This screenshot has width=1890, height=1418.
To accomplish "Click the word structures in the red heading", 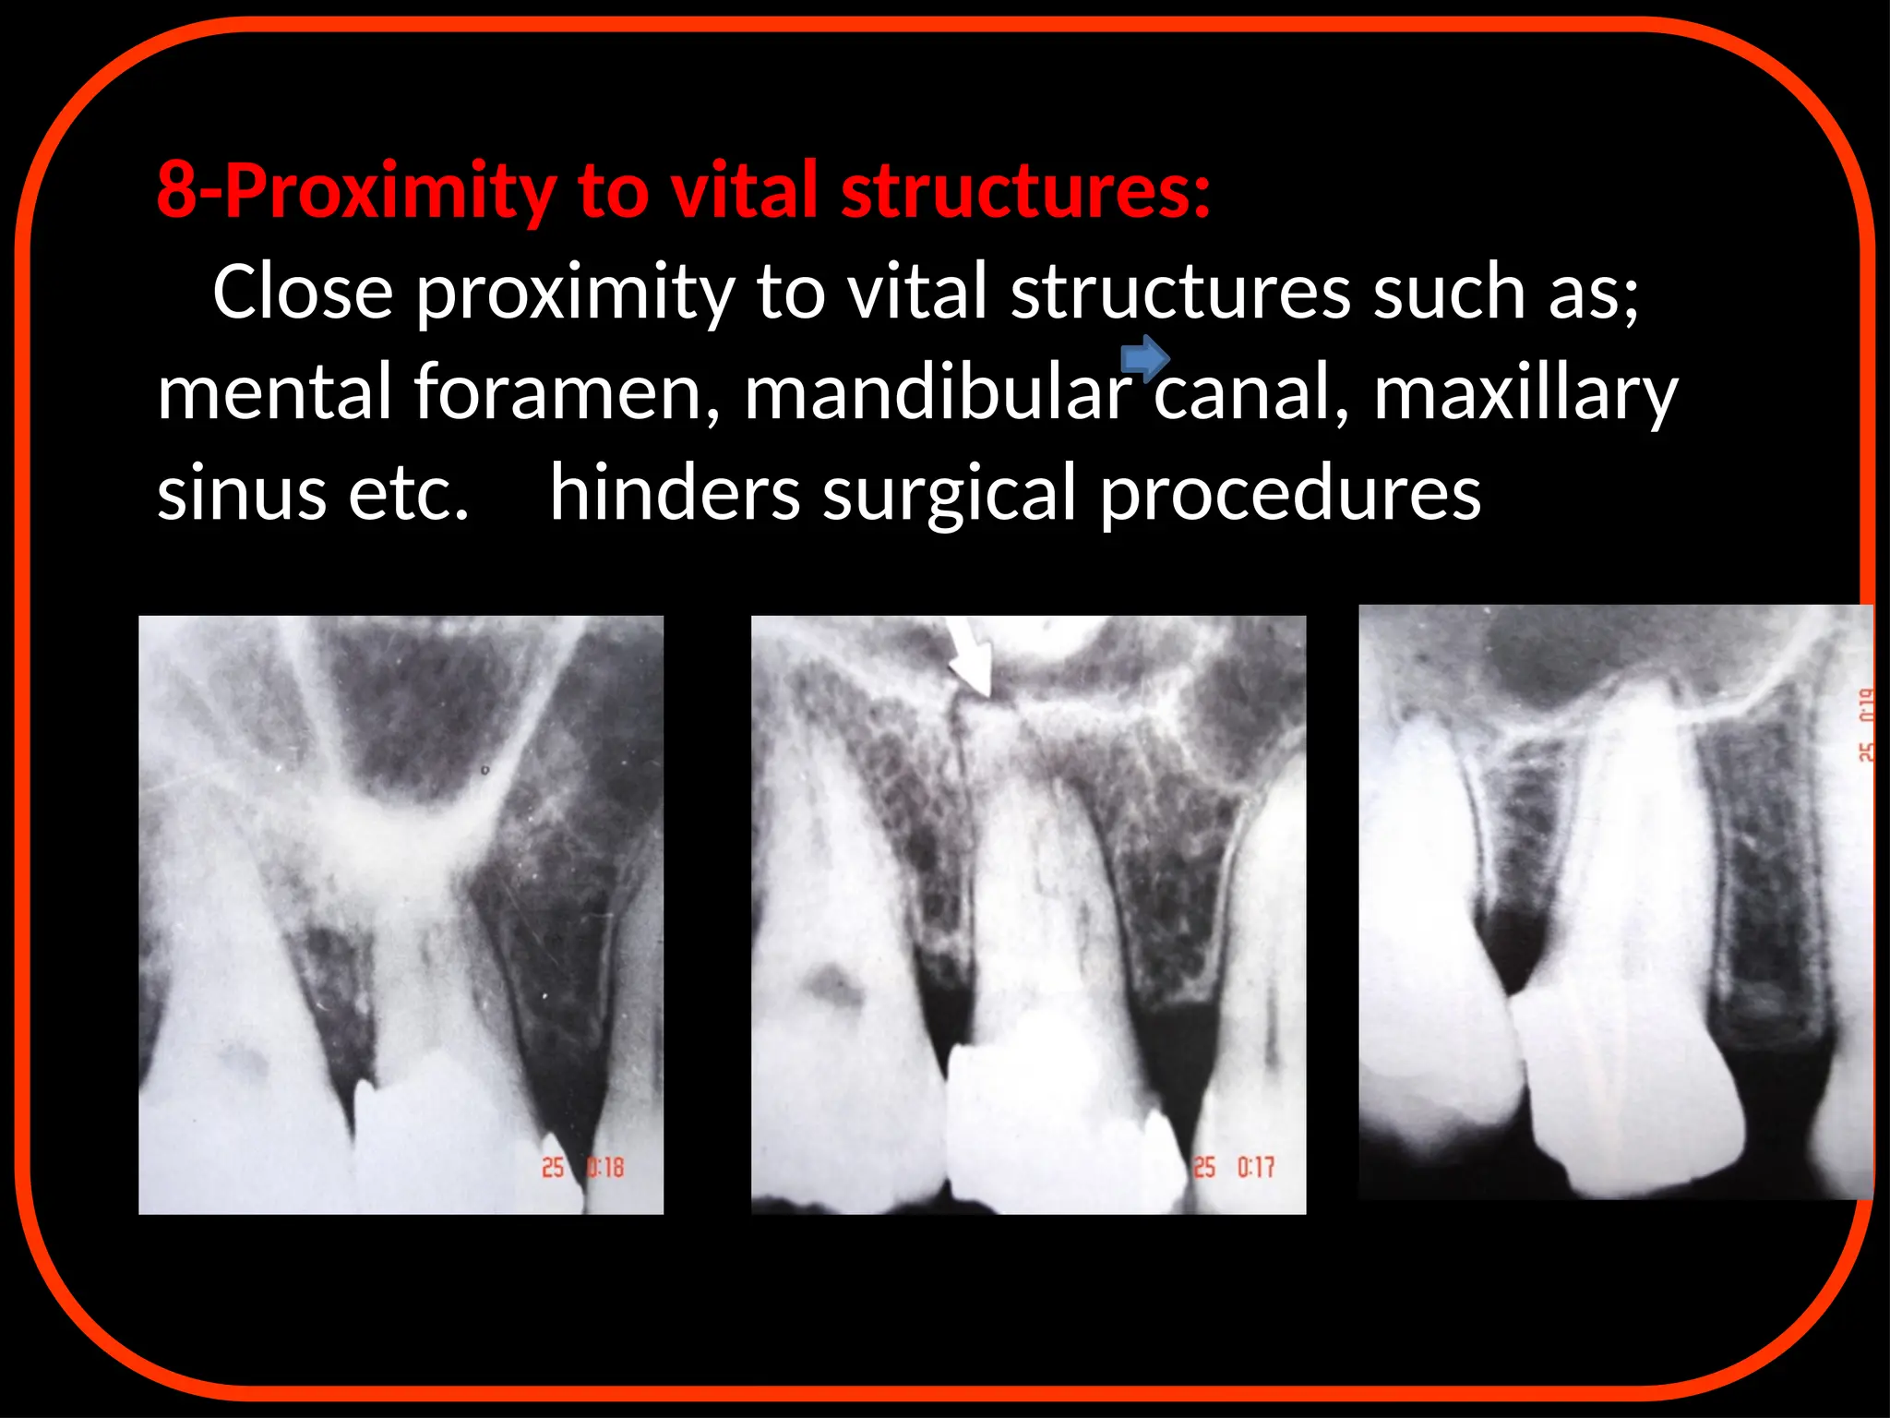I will point(1025,191).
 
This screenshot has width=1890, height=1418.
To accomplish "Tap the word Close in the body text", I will point(303,292).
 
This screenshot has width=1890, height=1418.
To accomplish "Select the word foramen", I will point(566,392).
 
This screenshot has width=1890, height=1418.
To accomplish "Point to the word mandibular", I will point(938,392).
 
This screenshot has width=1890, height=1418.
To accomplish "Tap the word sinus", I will point(242,493).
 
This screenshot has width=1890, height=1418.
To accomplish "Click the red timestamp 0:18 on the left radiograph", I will point(604,1168).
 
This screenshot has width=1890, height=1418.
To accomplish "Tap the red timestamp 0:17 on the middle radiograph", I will point(1255,1168).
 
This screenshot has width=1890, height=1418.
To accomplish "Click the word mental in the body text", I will point(274,392).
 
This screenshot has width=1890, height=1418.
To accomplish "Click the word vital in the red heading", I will point(744,191).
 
